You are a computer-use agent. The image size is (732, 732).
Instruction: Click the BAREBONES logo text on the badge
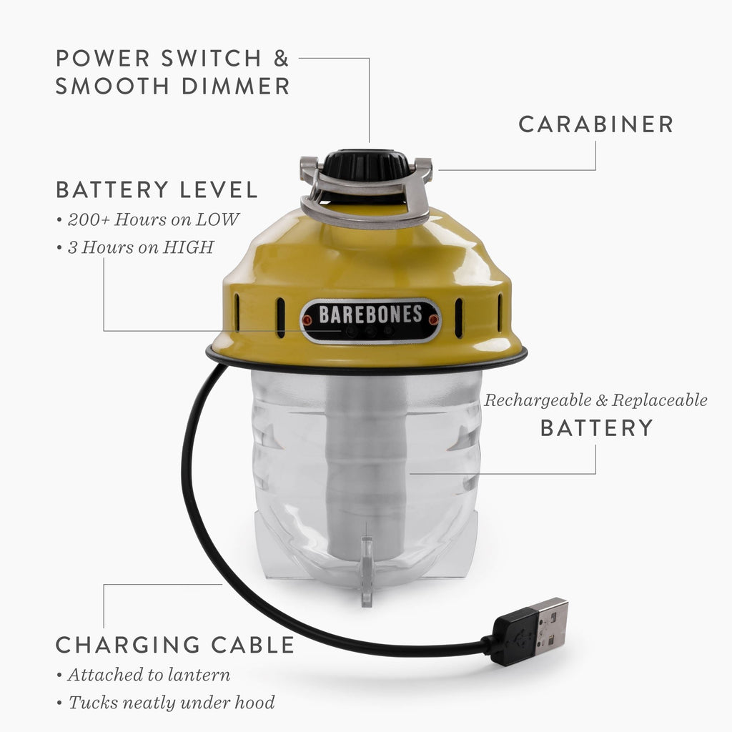(370, 315)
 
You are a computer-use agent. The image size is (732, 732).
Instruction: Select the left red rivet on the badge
(307, 320)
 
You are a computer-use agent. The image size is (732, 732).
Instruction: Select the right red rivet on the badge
(433, 320)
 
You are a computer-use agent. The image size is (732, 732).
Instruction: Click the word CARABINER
(595, 124)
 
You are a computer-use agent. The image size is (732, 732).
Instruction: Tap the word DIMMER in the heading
(236, 86)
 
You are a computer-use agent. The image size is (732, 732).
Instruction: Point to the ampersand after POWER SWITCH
(281, 59)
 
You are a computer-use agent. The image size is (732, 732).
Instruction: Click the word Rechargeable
(538, 400)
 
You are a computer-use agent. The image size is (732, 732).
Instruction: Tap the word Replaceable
(660, 400)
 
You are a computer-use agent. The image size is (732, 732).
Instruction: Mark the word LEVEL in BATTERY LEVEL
(219, 190)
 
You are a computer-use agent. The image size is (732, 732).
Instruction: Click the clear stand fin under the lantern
(367, 571)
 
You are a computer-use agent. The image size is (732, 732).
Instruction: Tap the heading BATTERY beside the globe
(596, 428)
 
